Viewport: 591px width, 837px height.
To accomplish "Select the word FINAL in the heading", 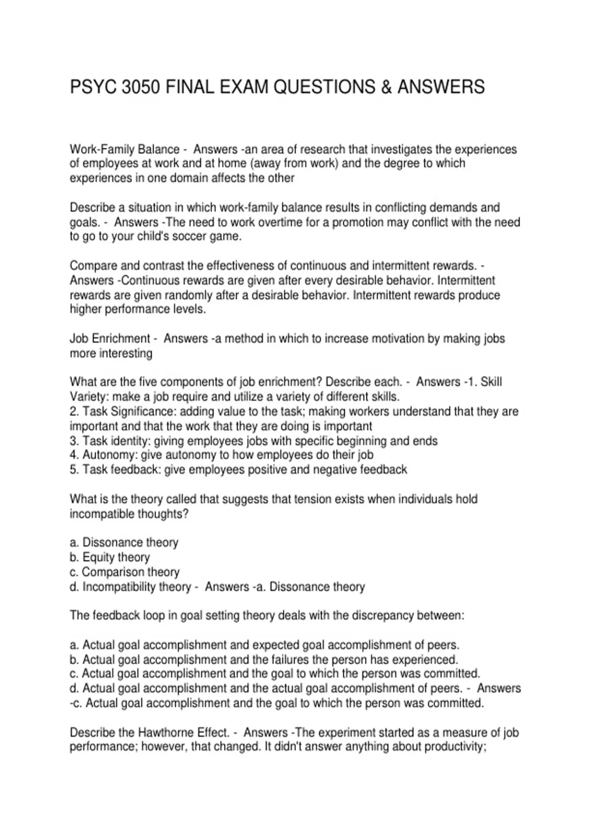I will [191, 87].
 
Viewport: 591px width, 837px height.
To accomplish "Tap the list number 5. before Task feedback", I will [74, 470].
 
